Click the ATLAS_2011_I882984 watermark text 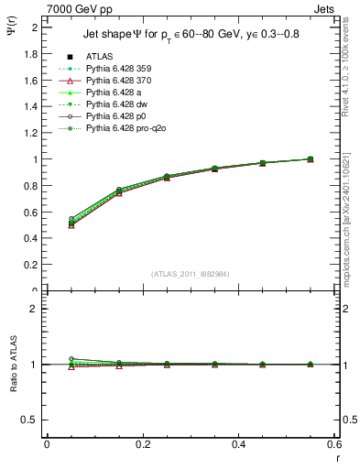(x=191, y=274)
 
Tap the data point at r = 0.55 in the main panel (x=311, y=159)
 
